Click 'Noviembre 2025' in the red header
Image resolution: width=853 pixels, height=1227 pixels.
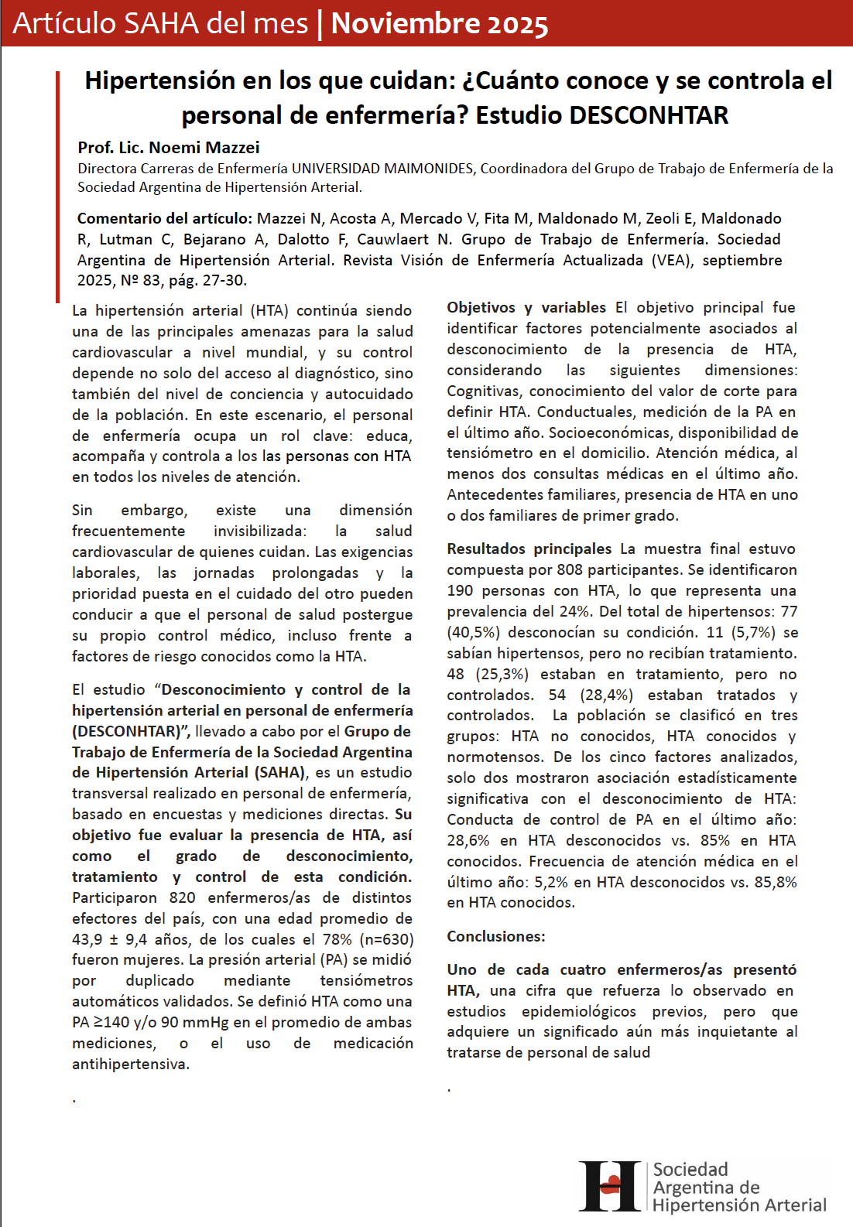[x=439, y=24]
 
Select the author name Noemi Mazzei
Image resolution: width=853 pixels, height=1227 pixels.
[x=204, y=147]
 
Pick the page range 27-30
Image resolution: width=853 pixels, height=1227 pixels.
[x=224, y=280]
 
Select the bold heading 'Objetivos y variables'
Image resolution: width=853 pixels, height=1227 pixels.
[x=526, y=307]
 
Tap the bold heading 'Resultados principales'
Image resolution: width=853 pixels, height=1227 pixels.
[x=529, y=549]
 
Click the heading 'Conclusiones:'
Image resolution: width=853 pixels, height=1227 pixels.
[x=496, y=936]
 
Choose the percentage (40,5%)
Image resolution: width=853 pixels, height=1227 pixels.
[x=473, y=632]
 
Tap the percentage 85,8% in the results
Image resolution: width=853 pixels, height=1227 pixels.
[x=776, y=882]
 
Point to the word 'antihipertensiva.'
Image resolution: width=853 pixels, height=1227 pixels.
[x=131, y=1064]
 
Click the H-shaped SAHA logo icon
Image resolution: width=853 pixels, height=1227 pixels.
[x=611, y=1186]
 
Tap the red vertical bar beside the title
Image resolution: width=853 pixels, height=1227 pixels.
[x=57, y=186]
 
